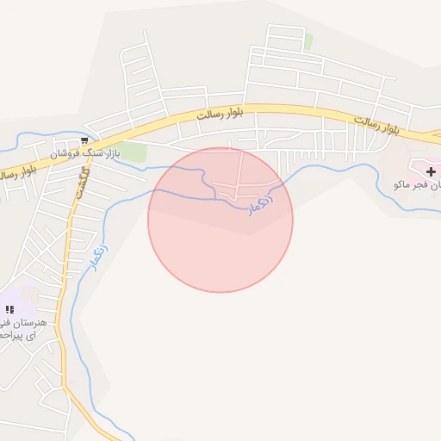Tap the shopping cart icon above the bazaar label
pyautogui.click(x=84, y=140)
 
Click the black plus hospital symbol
pyautogui.click(x=432, y=171)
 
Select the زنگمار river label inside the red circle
pyautogui.click(x=261, y=203)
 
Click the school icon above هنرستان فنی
pyautogui.click(x=10, y=308)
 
